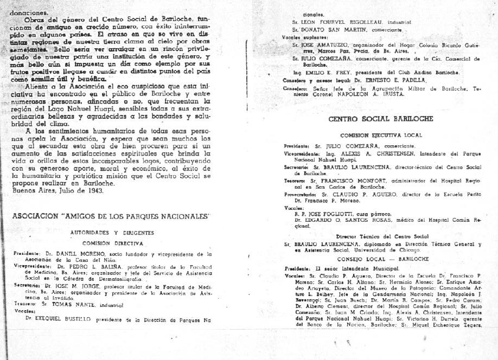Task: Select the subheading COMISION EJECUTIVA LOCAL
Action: (381, 134)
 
